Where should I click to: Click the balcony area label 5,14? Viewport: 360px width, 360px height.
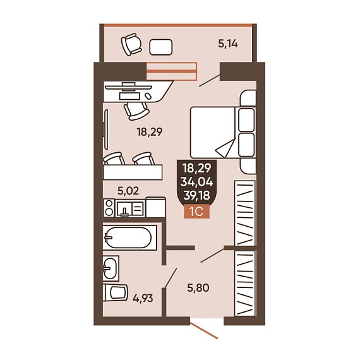(x=228, y=44)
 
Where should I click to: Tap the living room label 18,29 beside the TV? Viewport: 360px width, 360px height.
(x=150, y=132)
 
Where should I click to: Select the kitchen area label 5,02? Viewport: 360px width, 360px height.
(x=128, y=191)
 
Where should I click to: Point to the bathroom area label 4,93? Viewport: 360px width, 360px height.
(x=143, y=299)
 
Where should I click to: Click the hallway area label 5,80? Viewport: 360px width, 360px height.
(x=198, y=287)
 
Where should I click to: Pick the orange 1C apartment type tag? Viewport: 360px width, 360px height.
(x=197, y=211)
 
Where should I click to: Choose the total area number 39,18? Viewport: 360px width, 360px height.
(x=197, y=195)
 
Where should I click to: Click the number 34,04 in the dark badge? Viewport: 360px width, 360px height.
(x=197, y=182)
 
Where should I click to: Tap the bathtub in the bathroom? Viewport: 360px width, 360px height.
(x=129, y=237)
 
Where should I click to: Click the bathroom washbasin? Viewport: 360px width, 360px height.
(x=111, y=268)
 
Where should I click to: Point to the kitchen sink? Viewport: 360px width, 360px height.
(x=130, y=208)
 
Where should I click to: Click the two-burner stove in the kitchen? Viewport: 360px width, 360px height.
(x=109, y=208)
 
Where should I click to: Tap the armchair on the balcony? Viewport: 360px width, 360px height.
(x=131, y=44)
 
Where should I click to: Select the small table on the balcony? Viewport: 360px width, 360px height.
(x=160, y=47)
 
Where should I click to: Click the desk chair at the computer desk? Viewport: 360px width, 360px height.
(x=137, y=111)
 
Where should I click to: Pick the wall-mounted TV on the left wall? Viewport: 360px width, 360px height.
(x=105, y=129)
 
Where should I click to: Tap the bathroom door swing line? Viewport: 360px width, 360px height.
(x=170, y=278)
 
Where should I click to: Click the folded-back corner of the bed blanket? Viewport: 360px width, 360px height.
(x=225, y=148)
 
